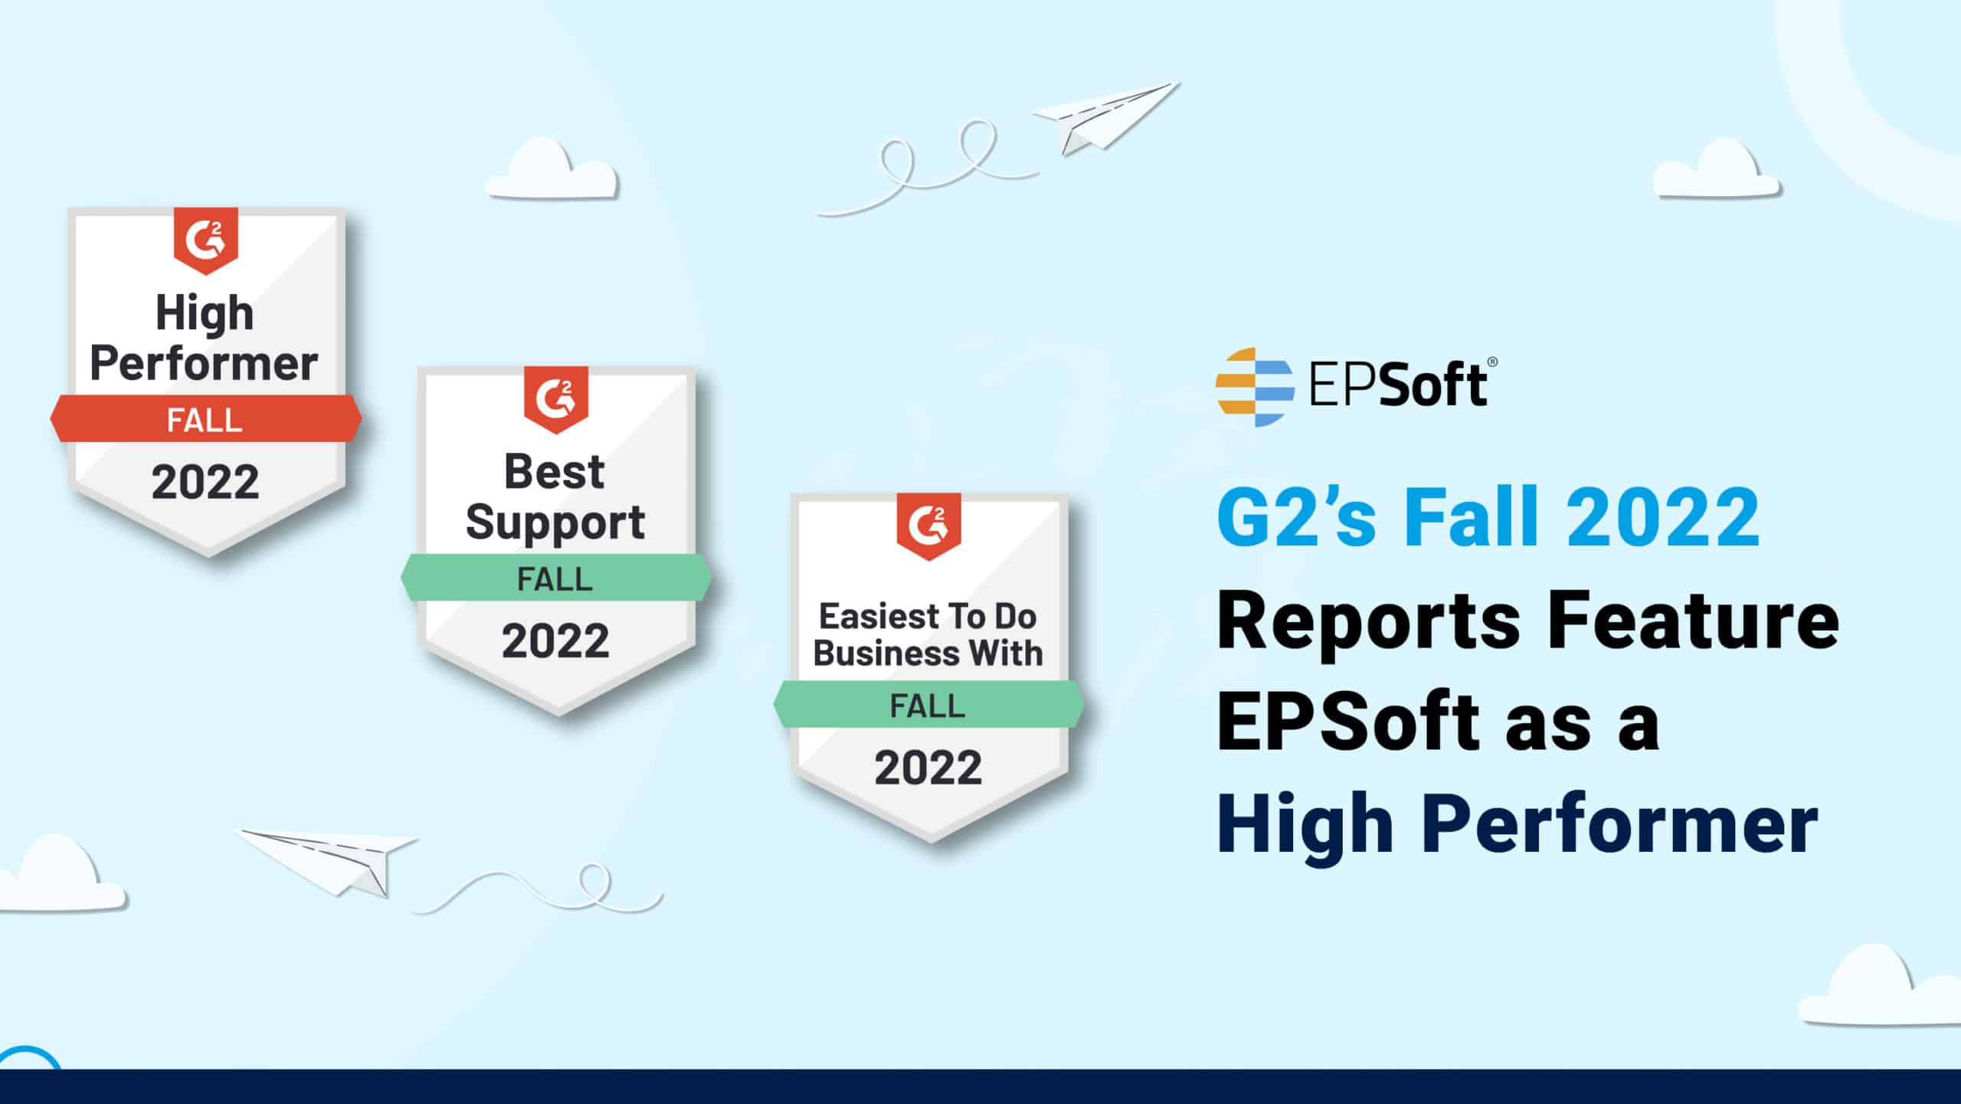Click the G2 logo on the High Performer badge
point(206,240)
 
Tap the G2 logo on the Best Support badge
point(556,399)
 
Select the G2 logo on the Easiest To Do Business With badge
point(928,526)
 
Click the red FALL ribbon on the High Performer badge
point(206,418)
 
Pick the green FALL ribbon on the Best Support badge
point(556,577)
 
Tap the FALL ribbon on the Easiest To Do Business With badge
point(928,704)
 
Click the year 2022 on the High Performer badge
point(205,482)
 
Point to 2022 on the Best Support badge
point(555,640)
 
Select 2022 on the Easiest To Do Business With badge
point(928,768)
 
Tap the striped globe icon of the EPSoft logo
point(1255,387)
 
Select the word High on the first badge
point(205,313)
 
